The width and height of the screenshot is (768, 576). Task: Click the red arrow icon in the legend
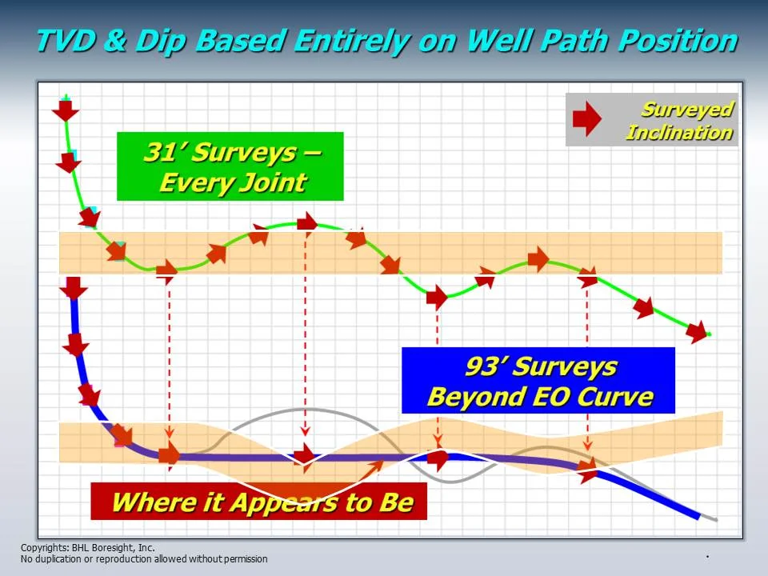[x=587, y=121]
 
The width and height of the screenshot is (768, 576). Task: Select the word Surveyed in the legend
[x=686, y=110]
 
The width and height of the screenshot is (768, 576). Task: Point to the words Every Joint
[x=232, y=182]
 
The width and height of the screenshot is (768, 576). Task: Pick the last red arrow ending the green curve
[x=697, y=330]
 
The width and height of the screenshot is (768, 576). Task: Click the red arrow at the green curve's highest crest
[x=306, y=222]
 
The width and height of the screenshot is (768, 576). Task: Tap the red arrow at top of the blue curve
[x=74, y=286]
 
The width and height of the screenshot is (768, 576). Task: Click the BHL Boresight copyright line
[x=87, y=548]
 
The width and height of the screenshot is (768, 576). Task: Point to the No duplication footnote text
[x=144, y=559]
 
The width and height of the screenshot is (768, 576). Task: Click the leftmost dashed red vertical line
[x=170, y=360]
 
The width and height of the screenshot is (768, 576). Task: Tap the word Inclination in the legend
[x=678, y=133]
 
